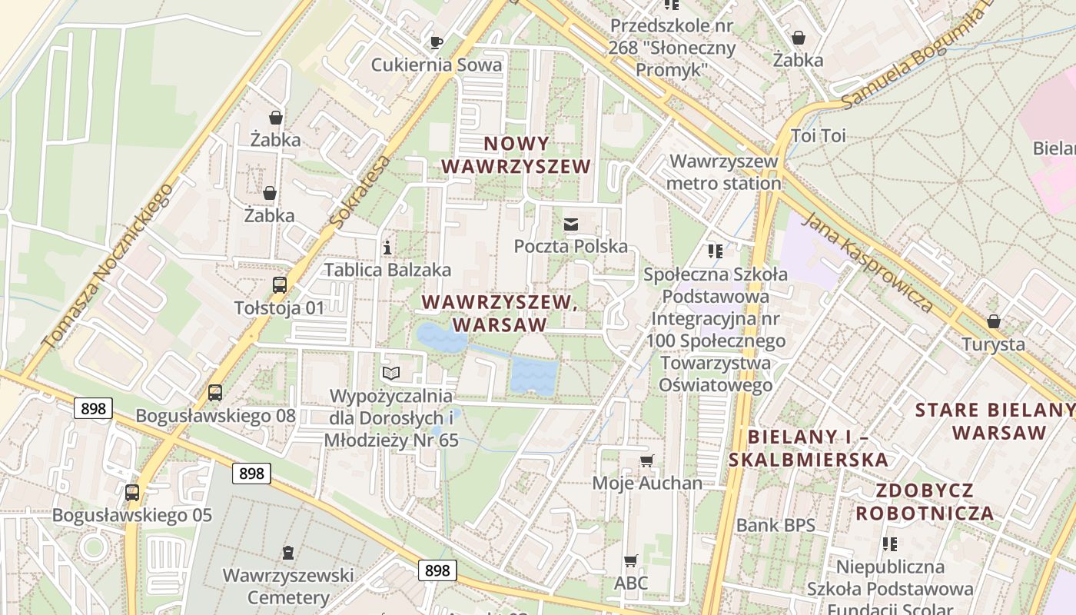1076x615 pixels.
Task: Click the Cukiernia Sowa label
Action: pos(436,65)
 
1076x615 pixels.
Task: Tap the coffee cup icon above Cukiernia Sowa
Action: pos(437,43)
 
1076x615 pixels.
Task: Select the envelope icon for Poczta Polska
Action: pos(571,224)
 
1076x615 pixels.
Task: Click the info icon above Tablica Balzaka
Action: pos(387,248)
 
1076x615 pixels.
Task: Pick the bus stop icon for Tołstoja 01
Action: pos(280,285)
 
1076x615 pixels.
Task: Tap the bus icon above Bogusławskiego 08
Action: pos(215,393)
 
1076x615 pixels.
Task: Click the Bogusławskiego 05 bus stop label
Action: pos(131,515)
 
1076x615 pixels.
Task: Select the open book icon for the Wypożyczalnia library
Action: pos(391,374)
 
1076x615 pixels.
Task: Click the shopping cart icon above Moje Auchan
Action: pos(647,460)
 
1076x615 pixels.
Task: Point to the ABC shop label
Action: pos(631,583)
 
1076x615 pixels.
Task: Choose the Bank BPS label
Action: pos(775,526)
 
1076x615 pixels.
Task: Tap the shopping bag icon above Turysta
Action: pos(994,321)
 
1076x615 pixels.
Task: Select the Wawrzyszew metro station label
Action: pos(724,172)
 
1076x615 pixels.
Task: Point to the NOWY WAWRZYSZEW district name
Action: pos(516,155)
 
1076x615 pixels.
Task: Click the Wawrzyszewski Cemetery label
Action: pos(288,586)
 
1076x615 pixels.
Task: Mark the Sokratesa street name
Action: pos(360,192)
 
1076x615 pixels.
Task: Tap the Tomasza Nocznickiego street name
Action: pos(107,265)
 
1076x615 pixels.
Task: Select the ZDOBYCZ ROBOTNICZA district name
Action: pos(925,502)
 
